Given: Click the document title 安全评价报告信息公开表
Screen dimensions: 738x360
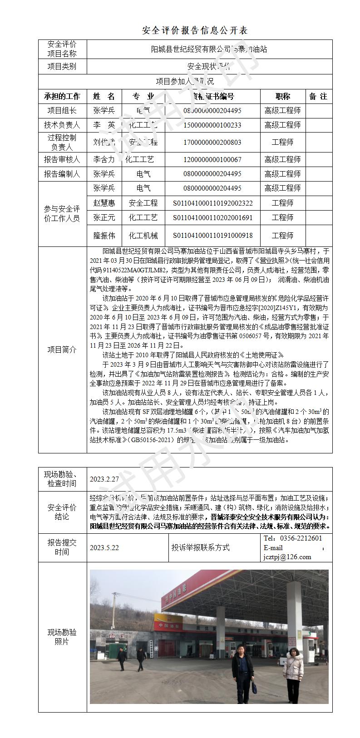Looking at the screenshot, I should coord(195,30).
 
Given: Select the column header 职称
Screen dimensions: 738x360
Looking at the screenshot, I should coord(282,96).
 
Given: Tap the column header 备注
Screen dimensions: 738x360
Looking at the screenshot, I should coord(318,96).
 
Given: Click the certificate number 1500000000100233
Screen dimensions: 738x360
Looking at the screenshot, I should coord(212,125).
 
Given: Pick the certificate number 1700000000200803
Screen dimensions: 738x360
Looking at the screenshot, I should coord(212,143).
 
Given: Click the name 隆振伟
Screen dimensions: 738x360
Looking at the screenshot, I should coord(104,236).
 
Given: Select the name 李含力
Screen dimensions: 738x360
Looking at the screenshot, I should coord(104,160).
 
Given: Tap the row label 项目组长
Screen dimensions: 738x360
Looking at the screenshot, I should coord(62,110).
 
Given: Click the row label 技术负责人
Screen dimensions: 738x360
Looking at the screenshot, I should coord(62,125).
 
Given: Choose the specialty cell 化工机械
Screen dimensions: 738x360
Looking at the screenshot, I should coord(143,236).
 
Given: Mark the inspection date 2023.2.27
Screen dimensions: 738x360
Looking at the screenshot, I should coord(104,479).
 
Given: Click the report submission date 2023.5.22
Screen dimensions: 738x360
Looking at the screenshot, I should coord(104,548).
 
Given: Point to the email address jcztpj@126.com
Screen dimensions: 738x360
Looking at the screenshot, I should coord(287,557).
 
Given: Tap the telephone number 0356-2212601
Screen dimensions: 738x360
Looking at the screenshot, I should coord(299,538).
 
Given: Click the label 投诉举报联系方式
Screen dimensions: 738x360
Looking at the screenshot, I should coord(200,548).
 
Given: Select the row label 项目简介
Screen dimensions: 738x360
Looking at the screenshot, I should coord(62,350).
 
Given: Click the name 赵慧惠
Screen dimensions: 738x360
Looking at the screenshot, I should coord(104,203).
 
